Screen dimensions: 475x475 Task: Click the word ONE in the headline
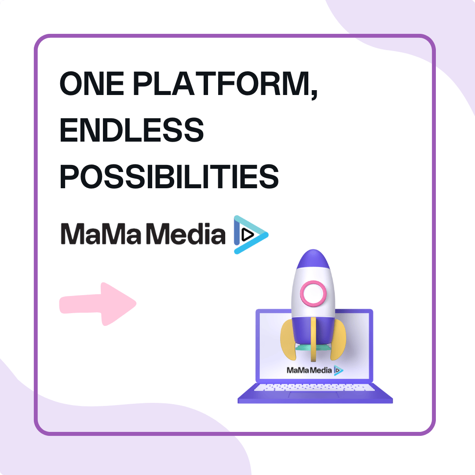point(92,83)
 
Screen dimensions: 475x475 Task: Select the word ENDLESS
point(132,130)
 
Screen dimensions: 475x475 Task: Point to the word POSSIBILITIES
point(169,176)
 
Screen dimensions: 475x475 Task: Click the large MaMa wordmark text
point(101,234)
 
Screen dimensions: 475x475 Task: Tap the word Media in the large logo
point(186,234)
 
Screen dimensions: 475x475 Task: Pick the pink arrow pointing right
point(98,304)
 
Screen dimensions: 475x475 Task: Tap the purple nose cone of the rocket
point(313,259)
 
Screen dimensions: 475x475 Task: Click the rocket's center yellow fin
point(313,339)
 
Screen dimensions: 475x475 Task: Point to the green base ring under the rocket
point(313,347)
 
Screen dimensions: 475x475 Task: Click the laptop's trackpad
point(314,395)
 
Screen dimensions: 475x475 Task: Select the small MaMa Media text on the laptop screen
point(309,370)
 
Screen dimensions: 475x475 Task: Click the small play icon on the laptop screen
point(338,370)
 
